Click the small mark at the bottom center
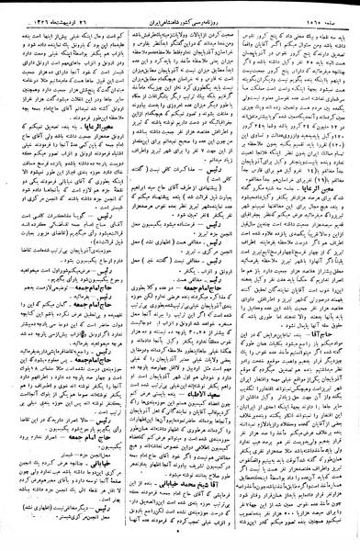click(181, 542)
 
